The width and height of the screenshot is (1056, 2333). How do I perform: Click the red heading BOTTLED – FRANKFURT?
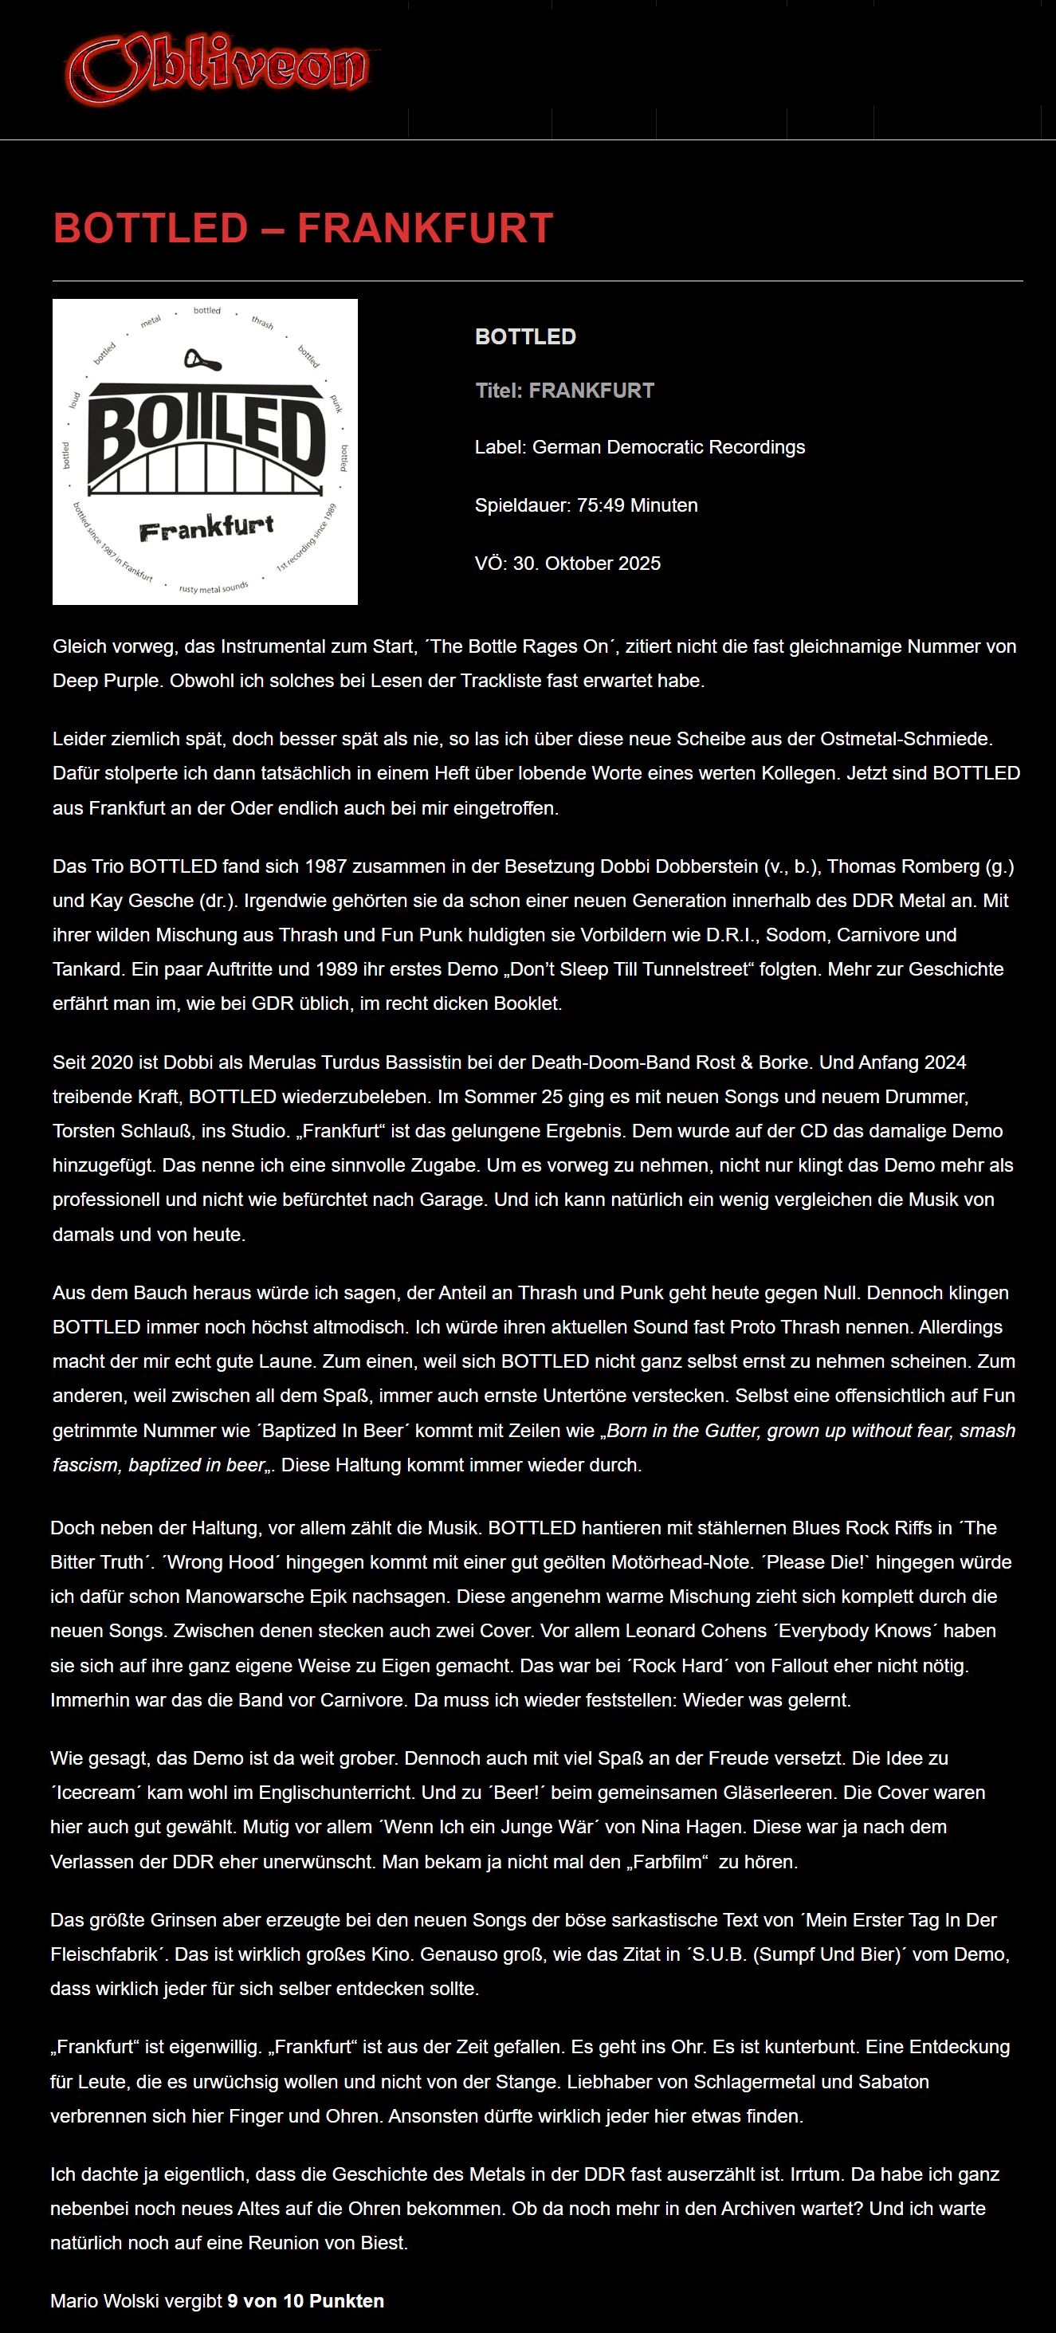[x=303, y=228]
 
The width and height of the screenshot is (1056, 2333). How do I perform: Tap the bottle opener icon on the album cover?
[x=202, y=360]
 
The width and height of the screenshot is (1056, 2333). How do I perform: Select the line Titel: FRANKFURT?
[x=564, y=391]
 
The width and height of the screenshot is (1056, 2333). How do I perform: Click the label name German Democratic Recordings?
[x=669, y=446]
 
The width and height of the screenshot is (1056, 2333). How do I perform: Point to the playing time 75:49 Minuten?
[x=637, y=505]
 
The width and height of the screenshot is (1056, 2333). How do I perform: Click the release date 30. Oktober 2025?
[x=587, y=563]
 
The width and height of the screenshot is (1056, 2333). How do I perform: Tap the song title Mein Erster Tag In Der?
[x=901, y=1919]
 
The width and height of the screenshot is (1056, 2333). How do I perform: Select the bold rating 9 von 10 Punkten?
[x=305, y=2300]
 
